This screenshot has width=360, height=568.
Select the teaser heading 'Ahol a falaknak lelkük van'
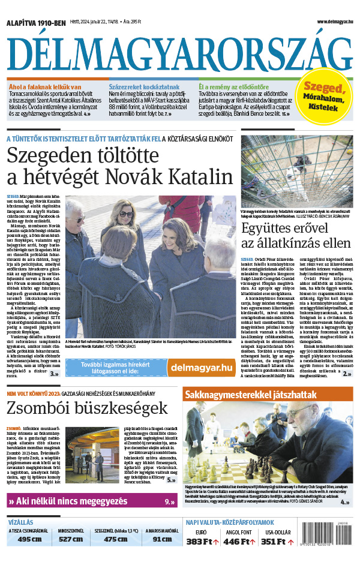click(x=45, y=87)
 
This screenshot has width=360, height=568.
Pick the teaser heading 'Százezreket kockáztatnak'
click(x=136, y=87)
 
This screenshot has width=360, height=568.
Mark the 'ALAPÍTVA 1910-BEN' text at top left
click(x=35, y=23)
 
